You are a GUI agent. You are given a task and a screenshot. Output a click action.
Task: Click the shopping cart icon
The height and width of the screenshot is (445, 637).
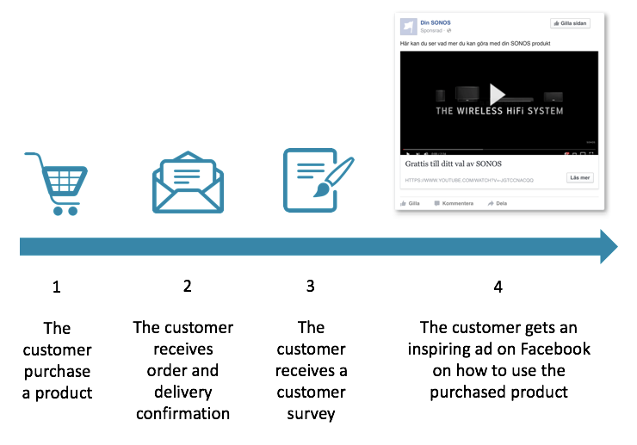click(x=57, y=183)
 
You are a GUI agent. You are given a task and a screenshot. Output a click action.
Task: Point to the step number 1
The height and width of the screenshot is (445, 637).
click(x=57, y=287)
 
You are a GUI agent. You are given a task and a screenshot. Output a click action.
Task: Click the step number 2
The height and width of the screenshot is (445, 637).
click(x=187, y=287)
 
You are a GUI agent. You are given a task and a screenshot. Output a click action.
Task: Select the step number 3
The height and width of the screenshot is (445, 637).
click(x=311, y=287)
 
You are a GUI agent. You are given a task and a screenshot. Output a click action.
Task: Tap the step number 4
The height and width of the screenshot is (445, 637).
click(x=498, y=287)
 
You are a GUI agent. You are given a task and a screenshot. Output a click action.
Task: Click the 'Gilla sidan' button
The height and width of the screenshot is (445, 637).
click(x=570, y=23)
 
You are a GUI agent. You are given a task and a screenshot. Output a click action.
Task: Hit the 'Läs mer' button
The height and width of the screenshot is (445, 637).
click(x=579, y=177)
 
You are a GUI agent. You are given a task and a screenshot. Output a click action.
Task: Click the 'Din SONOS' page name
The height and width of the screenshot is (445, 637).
click(x=434, y=22)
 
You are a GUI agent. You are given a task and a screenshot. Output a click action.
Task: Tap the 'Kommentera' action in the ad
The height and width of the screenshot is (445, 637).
click(x=454, y=203)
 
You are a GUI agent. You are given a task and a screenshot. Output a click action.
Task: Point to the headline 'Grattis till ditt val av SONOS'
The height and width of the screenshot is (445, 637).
click(x=453, y=163)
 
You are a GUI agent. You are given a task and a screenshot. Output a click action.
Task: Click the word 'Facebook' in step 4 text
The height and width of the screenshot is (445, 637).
click(x=557, y=349)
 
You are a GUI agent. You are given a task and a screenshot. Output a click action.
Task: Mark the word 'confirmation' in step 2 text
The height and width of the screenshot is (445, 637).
click(x=182, y=413)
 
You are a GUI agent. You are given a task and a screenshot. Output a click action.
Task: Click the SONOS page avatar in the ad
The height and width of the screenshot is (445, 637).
click(x=409, y=25)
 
